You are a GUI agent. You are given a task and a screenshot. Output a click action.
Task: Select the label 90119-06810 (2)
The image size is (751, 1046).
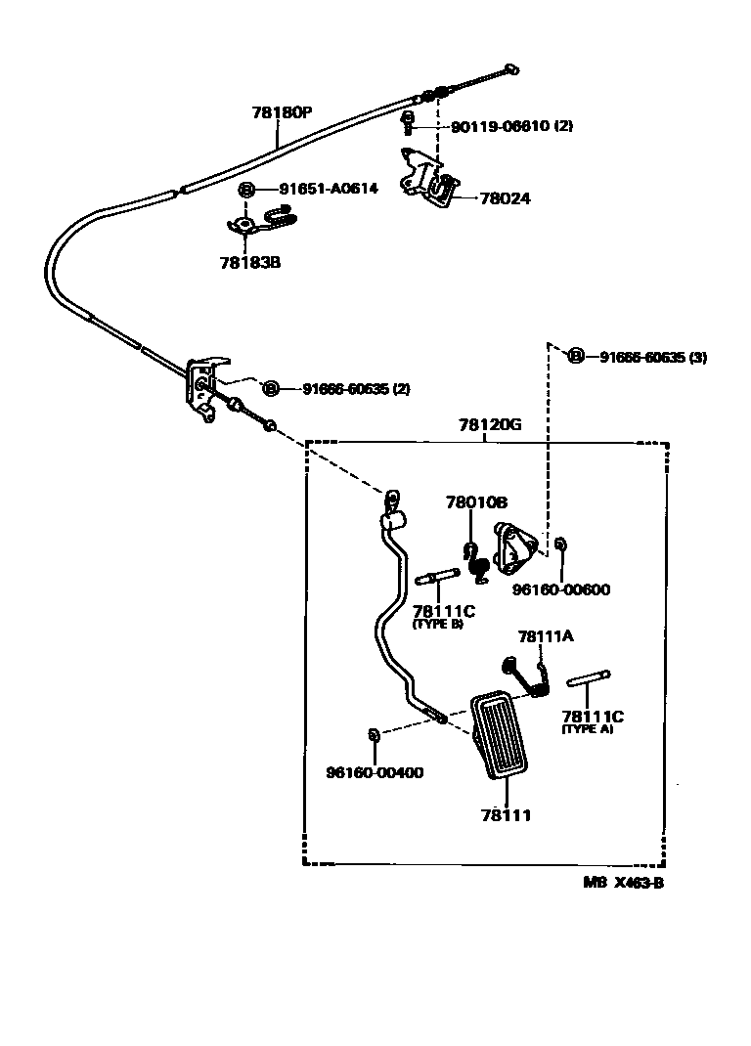click(x=511, y=127)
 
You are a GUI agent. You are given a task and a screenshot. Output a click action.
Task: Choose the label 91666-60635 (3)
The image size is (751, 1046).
click(x=652, y=357)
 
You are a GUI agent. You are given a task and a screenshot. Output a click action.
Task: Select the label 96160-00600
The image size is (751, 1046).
click(x=562, y=589)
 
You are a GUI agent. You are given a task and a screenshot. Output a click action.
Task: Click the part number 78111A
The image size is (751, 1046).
click(x=545, y=635)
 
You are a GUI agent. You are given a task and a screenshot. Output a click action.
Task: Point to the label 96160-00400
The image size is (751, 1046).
click(x=375, y=772)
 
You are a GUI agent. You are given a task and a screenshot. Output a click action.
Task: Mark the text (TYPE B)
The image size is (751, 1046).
click(x=437, y=624)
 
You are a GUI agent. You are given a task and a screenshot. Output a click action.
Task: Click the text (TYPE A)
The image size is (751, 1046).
click(x=587, y=729)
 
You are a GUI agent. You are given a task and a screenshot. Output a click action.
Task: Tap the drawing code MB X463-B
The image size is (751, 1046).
click(x=630, y=882)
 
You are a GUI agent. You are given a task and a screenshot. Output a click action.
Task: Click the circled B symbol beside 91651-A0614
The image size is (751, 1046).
click(x=246, y=189)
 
